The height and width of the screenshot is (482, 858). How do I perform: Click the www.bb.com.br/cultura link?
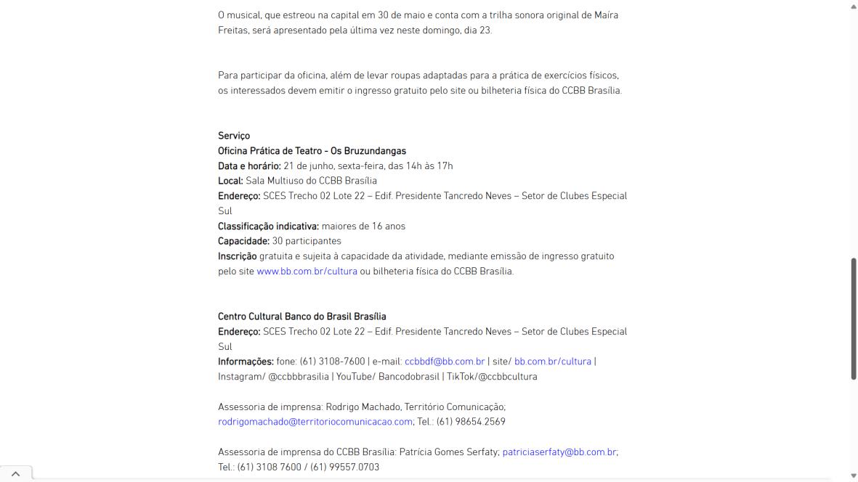click(307, 271)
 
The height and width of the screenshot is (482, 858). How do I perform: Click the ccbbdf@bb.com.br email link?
click(445, 361)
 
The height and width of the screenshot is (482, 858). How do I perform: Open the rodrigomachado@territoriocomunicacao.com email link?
click(315, 422)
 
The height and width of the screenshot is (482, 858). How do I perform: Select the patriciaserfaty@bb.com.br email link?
click(559, 452)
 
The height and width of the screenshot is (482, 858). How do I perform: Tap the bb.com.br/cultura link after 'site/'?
click(553, 361)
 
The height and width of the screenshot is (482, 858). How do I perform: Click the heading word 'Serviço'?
click(234, 136)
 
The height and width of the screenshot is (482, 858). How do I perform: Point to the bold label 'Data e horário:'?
click(249, 166)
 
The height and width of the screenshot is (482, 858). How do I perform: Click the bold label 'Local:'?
click(230, 181)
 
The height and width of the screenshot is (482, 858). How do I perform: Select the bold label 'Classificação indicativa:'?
click(268, 226)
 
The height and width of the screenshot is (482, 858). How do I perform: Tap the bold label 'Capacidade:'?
click(243, 241)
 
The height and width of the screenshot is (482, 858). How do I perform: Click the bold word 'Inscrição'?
click(237, 256)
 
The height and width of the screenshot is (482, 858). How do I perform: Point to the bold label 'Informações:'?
click(246, 361)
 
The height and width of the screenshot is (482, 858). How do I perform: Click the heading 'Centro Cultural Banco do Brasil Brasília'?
click(302, 316)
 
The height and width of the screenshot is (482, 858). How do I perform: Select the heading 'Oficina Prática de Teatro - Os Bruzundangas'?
click(312, 151)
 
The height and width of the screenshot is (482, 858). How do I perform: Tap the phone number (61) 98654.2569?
click(471, 422)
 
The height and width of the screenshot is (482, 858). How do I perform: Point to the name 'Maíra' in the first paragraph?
click(606, 15)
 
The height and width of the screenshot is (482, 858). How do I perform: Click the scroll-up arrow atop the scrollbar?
click(853, 6)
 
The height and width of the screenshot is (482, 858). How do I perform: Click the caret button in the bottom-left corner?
click(16, 474)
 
